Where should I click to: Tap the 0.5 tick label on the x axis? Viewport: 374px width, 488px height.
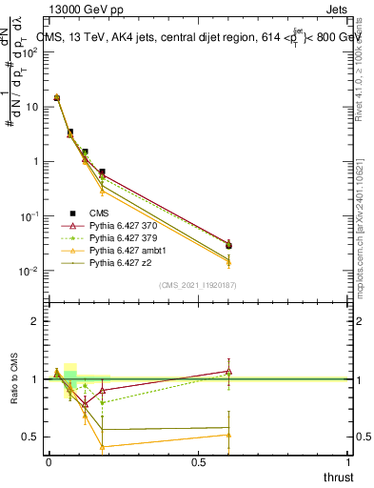click(x=198, y=461)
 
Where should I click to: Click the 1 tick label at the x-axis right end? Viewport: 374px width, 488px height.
click(x=348, y=461)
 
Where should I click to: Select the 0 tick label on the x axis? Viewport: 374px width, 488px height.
click(x=49, y=461)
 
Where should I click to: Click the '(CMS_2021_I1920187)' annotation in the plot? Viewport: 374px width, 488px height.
click(x=196, y=285)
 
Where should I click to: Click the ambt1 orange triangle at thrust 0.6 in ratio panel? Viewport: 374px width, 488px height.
click(x=228, y=435)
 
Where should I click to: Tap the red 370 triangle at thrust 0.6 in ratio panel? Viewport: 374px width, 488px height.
click(x=228, y=371)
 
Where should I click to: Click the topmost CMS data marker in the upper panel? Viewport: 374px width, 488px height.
click(x=56, y=97)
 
